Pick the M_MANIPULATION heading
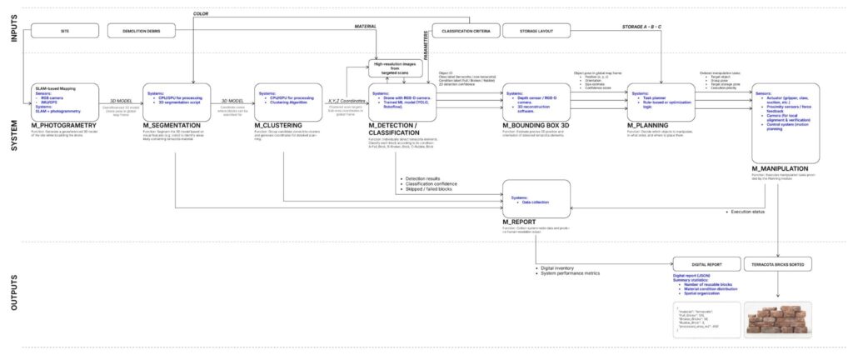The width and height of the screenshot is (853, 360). click(782, 168)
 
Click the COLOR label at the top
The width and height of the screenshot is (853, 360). click(201, 14)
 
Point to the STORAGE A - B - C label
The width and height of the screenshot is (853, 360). click(642, 27)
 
